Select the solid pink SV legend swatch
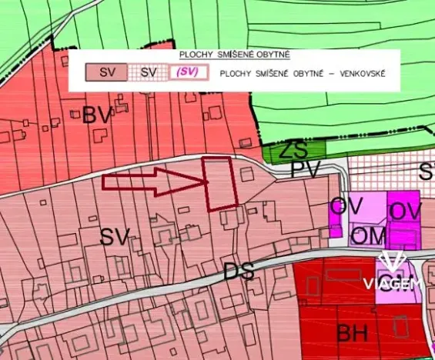tap(108, 74)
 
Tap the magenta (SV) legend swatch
tap(189, 74)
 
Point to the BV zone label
tap(97, 116)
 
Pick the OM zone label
tap(368, 235)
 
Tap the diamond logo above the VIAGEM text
tap(393, 263)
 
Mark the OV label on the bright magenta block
tap(405, 211)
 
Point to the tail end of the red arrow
tap(105, 182)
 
